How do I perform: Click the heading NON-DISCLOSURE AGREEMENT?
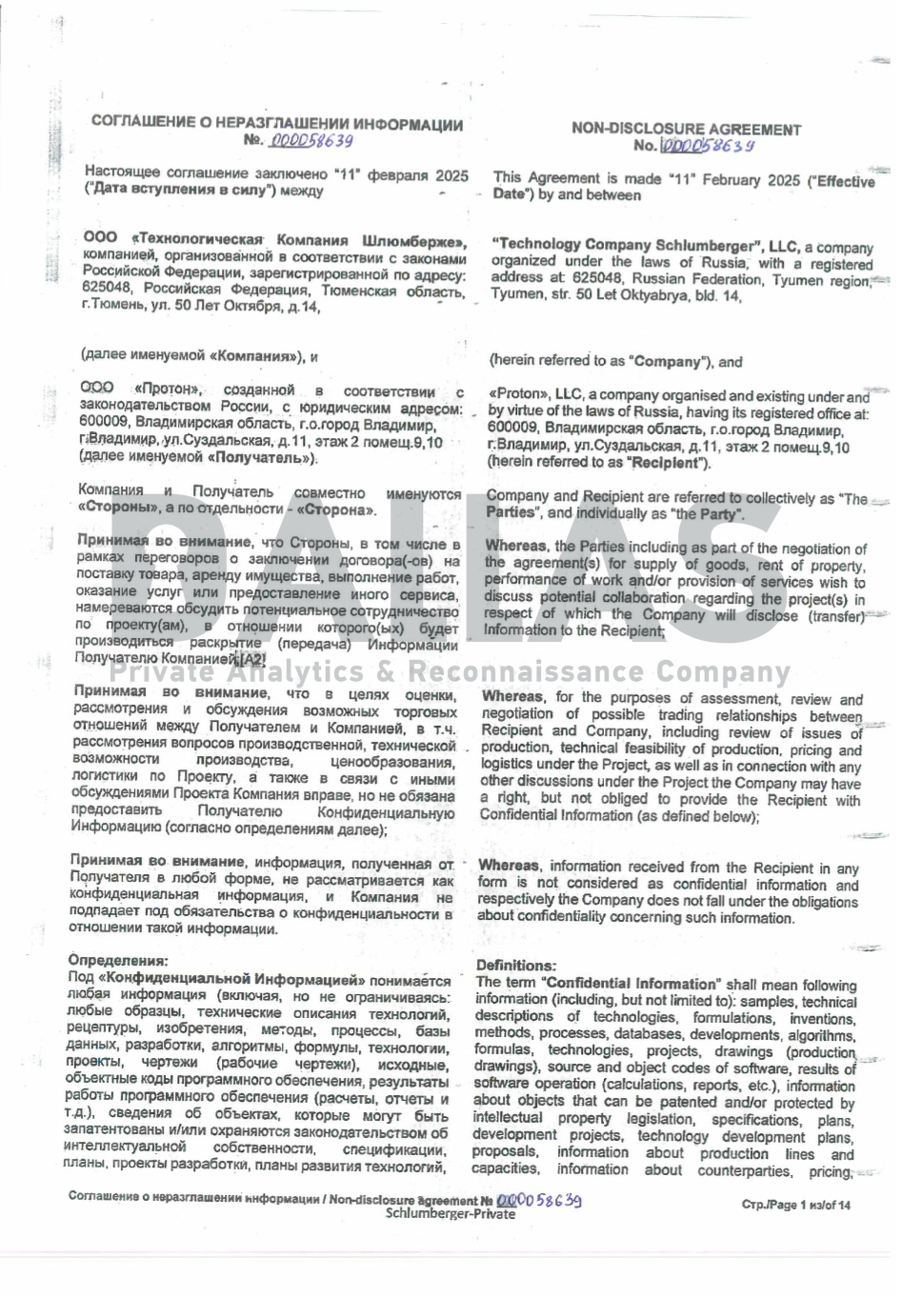(x=686, y=130)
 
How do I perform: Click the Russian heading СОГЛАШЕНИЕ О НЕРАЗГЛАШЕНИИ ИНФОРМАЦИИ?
(x=277, y=124)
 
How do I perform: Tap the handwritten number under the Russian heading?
(x=311, y=141)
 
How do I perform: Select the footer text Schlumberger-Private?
(x=450, y=1214)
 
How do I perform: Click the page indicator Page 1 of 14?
(x=796, y=1205)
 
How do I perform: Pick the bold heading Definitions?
(x=515, y=966)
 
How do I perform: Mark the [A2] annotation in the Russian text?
(x=252, y=660)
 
